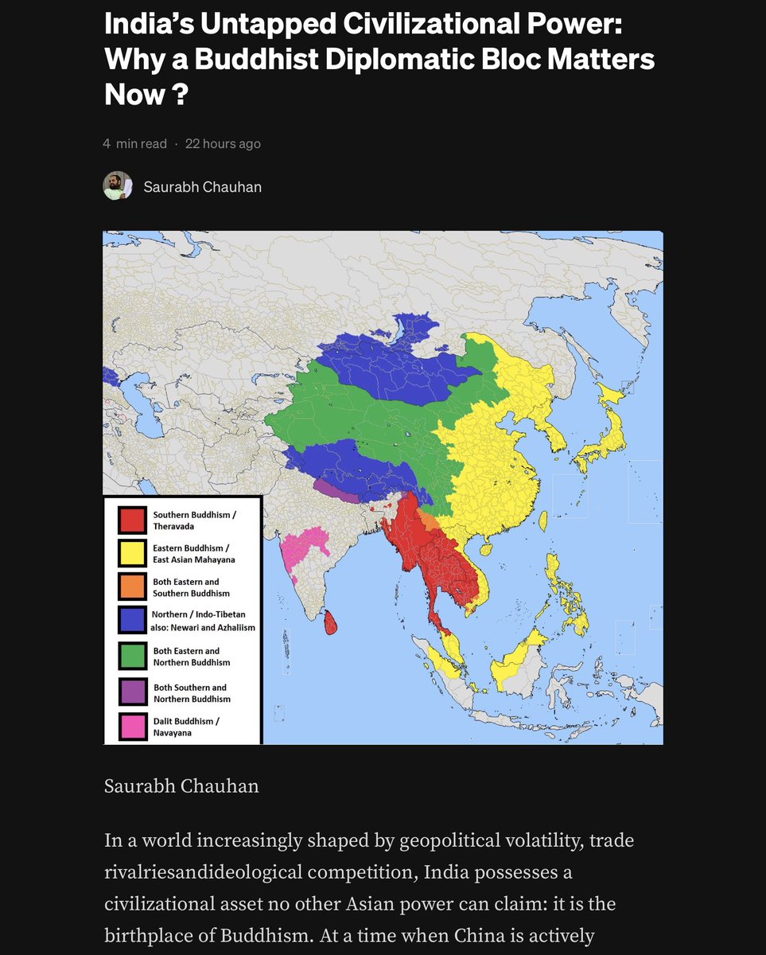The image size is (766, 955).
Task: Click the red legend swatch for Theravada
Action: tap(133, 520)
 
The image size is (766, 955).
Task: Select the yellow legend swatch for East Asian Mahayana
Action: tap(133, 554)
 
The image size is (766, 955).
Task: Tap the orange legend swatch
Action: tap(133, 587)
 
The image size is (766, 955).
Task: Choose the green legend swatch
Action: tap(133, 657)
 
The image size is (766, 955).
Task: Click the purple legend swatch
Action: tap(133, 692)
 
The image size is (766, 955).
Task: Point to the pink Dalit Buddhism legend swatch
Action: tap(133, 727)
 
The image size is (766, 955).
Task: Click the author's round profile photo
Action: tap(118, 186)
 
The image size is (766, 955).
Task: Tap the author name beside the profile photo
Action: tap(202, 187)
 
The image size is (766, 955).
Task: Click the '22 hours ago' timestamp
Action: tap(223, 144)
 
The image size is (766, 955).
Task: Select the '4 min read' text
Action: tap(134, 144)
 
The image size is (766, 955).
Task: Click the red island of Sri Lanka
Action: tap(332, 621)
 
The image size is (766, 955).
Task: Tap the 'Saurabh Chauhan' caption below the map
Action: tap(181, 786)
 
